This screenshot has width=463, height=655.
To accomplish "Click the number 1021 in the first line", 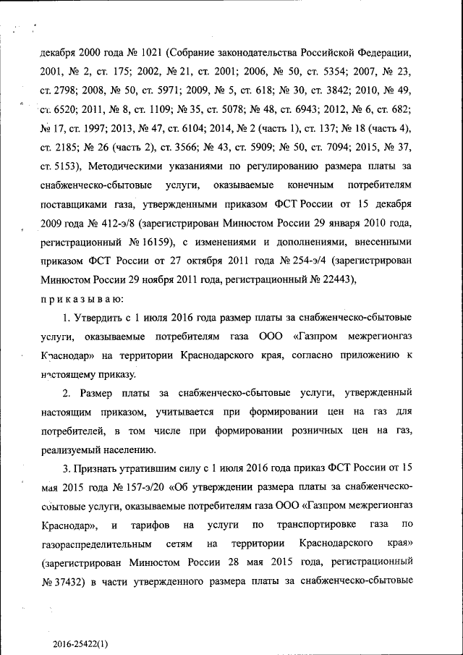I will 148,54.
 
